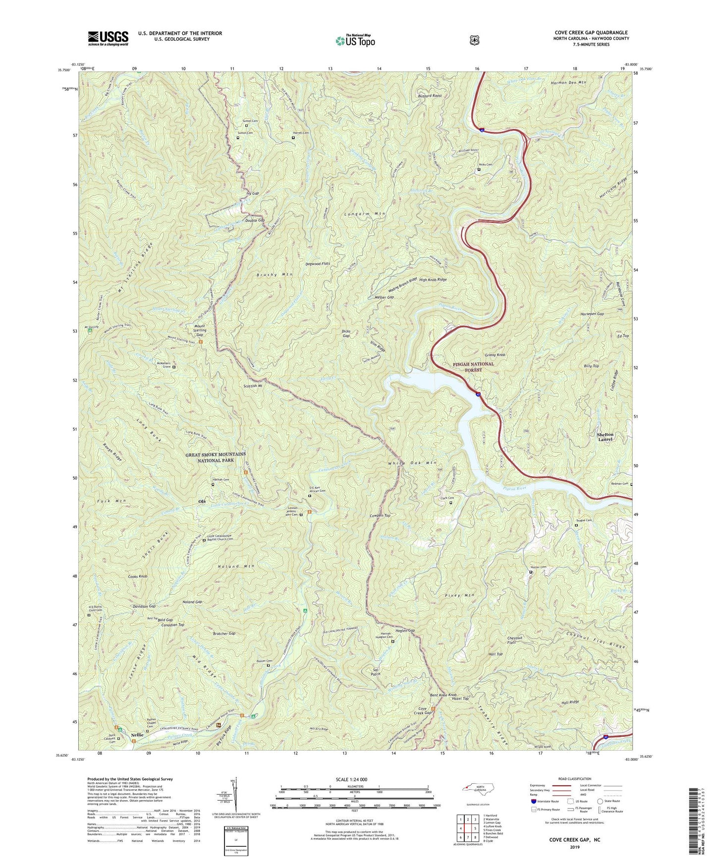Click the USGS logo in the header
[108, 38]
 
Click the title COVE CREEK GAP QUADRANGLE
[591, 33]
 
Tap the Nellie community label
[137, 735]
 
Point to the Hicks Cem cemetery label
[485, 164]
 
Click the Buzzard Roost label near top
[430, 96]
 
